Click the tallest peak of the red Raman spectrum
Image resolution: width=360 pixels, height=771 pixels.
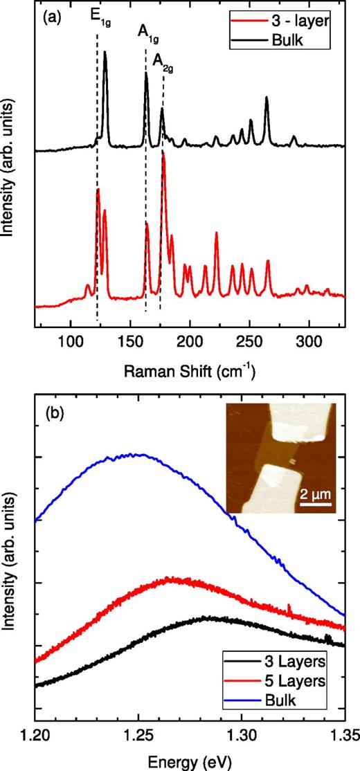(163, 152)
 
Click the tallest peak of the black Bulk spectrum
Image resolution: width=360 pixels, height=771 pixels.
(105, 52)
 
